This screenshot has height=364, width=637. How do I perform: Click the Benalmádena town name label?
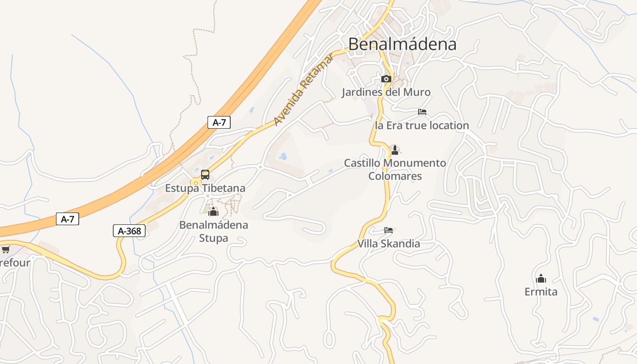[402, 44]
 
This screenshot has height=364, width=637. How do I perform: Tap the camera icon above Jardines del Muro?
[386, 79]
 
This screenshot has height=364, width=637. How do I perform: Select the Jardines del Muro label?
[386, 92]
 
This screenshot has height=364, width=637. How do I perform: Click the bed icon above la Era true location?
[422, 112]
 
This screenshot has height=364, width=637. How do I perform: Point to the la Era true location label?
[421, 126]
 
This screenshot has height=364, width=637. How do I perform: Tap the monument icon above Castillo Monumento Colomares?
[394, 150]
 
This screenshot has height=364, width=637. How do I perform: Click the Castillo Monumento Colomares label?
[394, 169]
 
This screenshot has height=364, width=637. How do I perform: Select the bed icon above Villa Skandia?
[388, 230]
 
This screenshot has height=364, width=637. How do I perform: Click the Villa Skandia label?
[388, 244]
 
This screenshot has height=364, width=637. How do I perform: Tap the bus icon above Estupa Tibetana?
[205, 175]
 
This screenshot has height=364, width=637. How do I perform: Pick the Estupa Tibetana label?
[205, 188]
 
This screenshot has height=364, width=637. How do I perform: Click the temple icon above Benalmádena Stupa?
[213, 212]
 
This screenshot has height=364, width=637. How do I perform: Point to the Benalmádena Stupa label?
[213, 231]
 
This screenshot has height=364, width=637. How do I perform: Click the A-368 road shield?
[129, 231]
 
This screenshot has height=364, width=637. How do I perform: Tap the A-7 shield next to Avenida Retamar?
[219, 122]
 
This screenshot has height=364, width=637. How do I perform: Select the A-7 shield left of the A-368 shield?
[67, 219]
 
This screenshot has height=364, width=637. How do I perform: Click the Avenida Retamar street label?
[303, 90]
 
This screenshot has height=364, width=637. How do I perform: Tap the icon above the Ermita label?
[541, 278]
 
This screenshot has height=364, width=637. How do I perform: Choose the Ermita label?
[541, 292]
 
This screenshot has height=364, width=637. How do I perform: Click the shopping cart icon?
[5, 249]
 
